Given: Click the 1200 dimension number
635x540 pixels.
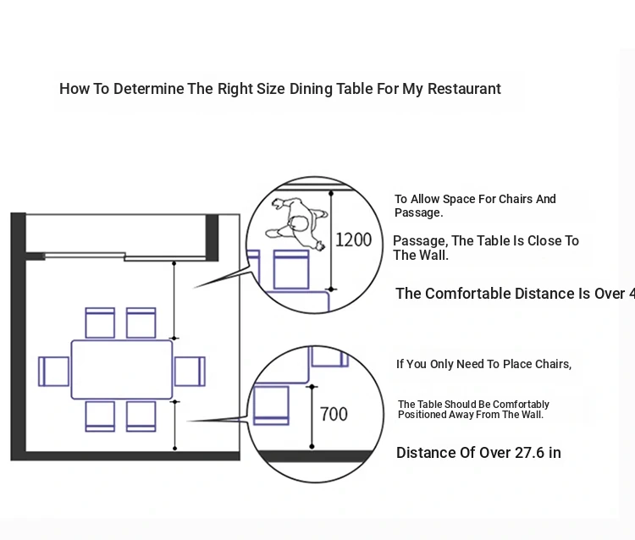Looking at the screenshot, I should (x=353, y=240).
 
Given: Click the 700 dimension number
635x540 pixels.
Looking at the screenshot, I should (x=334, y=414).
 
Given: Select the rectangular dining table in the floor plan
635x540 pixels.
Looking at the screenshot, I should (x=122, y=370).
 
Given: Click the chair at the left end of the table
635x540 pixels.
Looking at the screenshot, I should (x=53, y=371).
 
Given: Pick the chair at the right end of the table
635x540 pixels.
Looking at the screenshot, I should (x=190, y=371).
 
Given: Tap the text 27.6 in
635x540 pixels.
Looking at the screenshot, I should (x=537, y=453).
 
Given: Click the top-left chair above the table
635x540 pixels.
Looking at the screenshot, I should (x=100, y=322).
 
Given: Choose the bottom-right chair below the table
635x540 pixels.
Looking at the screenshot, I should (x=141, y=416).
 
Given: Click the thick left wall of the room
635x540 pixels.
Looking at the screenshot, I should (x=18, y=339).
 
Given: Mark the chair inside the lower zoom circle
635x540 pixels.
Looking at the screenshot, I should (x=271, y=404).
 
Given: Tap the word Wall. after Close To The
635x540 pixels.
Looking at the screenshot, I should (x=433, y=255).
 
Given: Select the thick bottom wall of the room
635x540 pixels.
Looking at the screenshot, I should (x=127, y=456).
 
